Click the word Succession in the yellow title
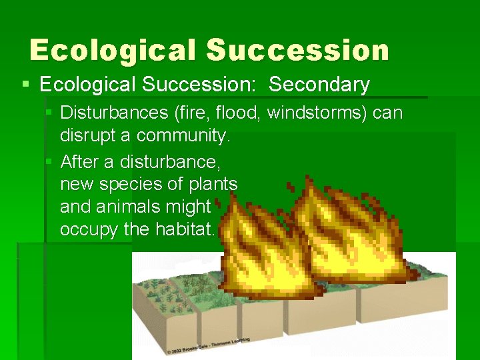297,51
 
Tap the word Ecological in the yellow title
112,51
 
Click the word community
183,136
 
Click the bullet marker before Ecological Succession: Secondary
25,85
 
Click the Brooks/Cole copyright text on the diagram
208,345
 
